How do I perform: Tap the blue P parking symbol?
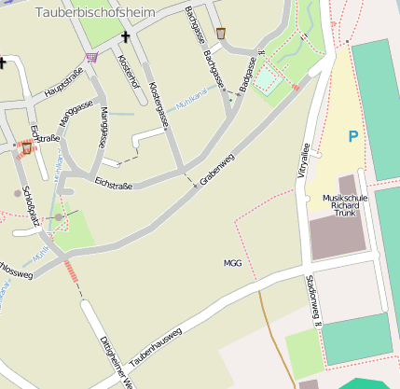[x=352, y=137]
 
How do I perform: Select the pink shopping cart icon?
[x=91, y=57]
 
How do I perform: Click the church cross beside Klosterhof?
[x=126, y=37]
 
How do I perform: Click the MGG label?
[x=232, y=263]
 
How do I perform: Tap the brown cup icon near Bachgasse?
[x=221, y=34]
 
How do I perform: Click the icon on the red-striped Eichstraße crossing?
[x=25, y=146]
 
